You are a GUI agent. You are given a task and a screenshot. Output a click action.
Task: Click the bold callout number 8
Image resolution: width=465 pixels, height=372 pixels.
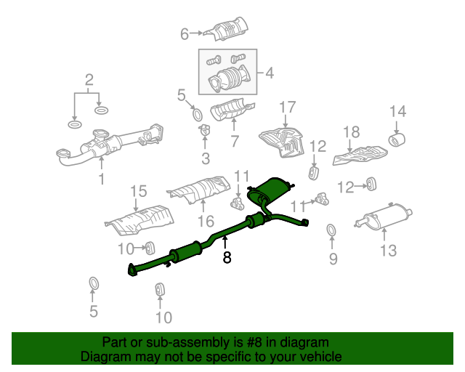point(227,257)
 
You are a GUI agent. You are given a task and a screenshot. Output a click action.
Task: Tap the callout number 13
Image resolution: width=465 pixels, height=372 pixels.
point(388,251)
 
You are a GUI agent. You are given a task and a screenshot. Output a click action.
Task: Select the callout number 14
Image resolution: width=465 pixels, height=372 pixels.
point(397,111)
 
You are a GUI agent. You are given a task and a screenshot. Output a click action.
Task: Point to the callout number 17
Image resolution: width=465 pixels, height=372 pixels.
point(288,108)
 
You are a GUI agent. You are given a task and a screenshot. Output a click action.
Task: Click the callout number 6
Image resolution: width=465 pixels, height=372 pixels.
point(185,34)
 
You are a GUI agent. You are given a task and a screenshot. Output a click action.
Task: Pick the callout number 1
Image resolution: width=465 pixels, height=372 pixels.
point(102,179)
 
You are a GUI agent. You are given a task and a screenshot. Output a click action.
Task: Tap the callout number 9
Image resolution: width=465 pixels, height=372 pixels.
point(333,259)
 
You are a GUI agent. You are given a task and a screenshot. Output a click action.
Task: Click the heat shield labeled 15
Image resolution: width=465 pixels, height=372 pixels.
point(139,220)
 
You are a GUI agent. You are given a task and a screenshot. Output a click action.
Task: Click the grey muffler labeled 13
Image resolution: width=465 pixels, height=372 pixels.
point(384,217)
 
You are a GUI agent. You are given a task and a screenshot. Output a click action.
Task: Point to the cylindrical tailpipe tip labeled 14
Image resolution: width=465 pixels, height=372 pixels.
point(397,140)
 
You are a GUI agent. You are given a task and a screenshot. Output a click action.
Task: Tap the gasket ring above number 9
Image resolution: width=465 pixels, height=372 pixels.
point(331,230)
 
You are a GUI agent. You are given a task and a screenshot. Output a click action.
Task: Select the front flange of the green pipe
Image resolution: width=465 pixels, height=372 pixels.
point(132,270)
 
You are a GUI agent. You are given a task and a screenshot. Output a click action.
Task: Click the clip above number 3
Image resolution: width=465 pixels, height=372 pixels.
point(204,129)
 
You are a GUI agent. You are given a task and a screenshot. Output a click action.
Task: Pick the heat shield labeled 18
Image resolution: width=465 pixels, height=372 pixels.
point(360,155)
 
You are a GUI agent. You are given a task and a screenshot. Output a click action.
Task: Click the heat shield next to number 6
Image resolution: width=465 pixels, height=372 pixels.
point(227,29)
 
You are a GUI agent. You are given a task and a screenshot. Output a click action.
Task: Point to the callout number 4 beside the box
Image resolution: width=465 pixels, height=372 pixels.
point(270,73)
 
